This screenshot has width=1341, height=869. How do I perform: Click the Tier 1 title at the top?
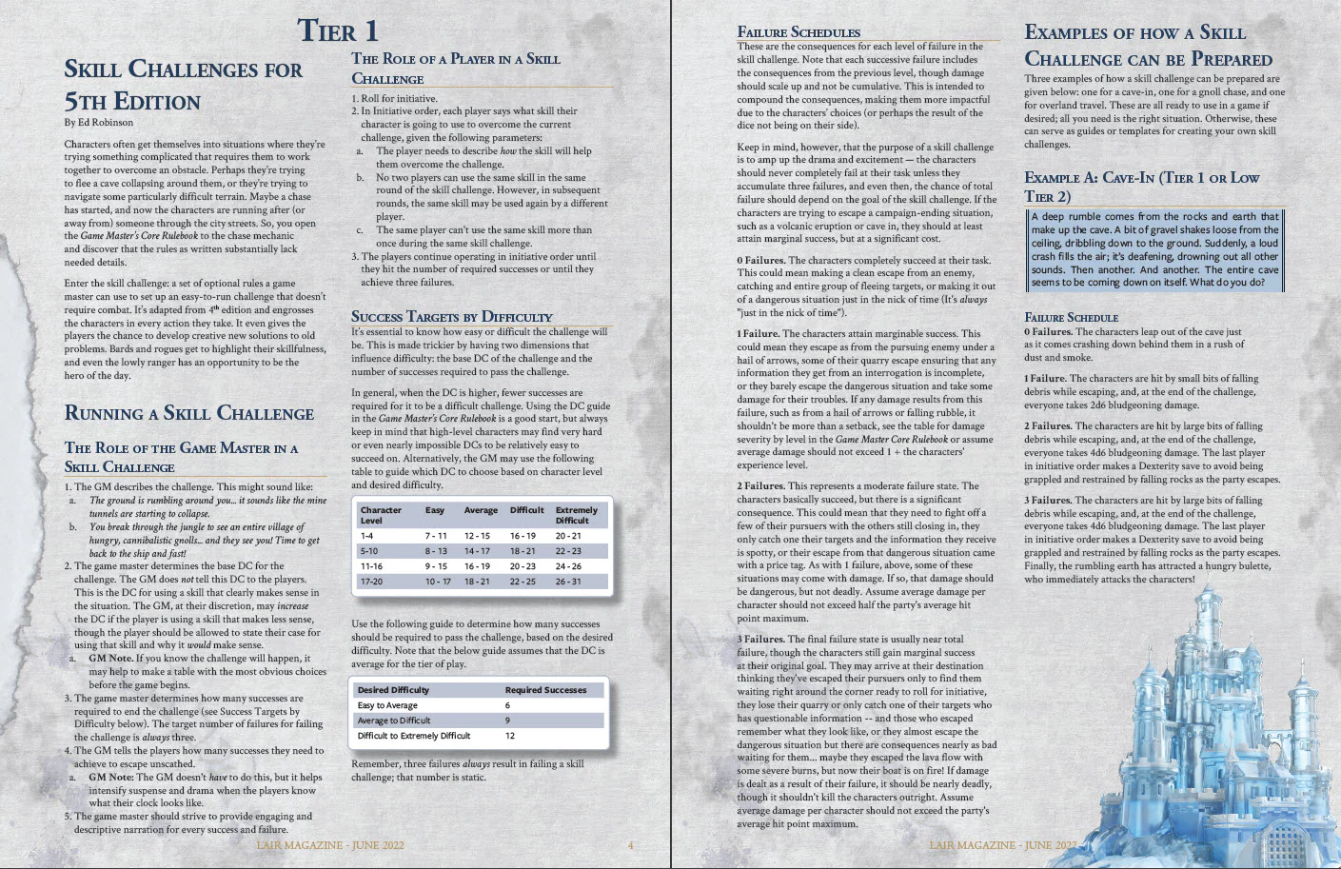click(x=337, y=30)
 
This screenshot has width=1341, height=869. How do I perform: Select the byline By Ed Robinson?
click(x=99, y=123)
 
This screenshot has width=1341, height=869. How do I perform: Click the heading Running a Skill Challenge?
click(x=188, y=413)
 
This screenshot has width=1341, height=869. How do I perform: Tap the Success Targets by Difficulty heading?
click(x=451, y=317)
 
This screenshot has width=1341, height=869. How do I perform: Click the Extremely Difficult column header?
click(x=577, y=515)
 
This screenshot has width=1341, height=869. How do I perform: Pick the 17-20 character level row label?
click(x=372, y=581)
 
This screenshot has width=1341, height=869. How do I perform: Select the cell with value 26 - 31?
click(x=568, y=581)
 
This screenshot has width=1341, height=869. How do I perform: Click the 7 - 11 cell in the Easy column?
click(x=436, y=536)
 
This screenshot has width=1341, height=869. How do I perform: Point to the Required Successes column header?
click(x=545, y=690)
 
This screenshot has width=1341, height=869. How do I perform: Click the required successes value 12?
click(x=510, y=736)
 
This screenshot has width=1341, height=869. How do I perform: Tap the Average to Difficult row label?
click(x=394, y=721)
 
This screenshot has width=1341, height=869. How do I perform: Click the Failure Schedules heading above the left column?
click(x=799, y=32)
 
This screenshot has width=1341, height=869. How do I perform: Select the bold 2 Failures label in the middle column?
click(x=760, y=485)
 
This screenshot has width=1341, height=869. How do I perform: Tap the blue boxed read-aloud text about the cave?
click(x=1154, y=249)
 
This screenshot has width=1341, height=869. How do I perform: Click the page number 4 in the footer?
click(x=630, y=845)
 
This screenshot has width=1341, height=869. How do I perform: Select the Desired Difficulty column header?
click(x=393, y=690)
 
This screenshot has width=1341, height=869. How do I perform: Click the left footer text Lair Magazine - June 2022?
click(x=330, y=845)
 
